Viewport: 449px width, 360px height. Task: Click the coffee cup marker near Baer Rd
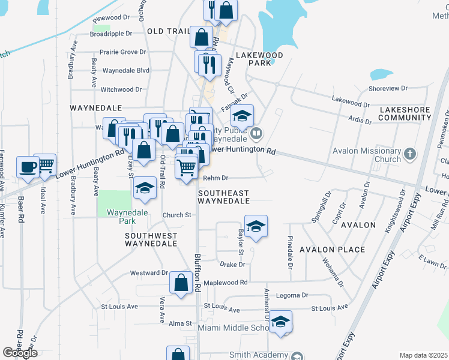(x=28, y=167)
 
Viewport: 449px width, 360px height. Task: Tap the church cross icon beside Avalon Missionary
(x=410, y=155)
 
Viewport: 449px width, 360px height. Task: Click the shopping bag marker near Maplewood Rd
(x=181, y=283)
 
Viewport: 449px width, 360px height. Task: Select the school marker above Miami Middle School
(x=280, y=322)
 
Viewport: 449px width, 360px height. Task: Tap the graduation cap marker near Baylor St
(x=256, y=226)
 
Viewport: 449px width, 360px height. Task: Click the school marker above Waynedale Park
(x=144, y=188)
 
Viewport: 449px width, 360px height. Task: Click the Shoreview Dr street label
(x=388, y=88)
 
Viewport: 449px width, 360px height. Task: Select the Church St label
(x=176, y=215)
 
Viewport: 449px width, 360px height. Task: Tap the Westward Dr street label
(x=149, y=273)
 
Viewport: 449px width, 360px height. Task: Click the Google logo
(x=20, y=353)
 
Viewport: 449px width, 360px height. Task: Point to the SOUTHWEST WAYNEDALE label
(x=151, y=239)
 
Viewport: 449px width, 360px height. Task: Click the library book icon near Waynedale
(x=256, y=133)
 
